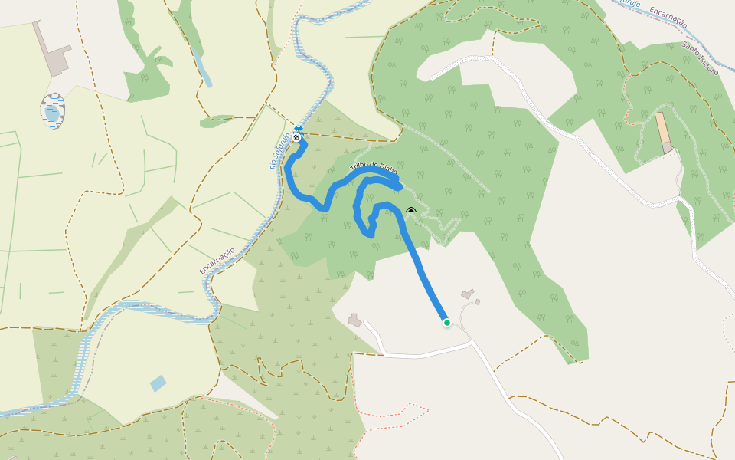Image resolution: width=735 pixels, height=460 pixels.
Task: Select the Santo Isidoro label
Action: [700, 58]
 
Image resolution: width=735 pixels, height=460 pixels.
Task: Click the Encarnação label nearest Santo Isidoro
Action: [667, 17]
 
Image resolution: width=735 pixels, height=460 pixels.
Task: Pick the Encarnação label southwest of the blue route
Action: [217, 261]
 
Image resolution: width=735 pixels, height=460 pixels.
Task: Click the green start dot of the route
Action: [447, 323]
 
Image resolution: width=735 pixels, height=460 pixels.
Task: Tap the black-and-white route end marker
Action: [296, 138]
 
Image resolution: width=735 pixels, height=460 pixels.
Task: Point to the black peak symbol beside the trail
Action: [411, 211]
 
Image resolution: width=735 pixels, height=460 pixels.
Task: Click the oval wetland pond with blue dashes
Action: [52, 111]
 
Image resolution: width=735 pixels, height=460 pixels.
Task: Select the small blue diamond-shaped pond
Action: [158, 383]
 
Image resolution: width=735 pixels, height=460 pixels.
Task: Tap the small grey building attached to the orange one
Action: [668, 146]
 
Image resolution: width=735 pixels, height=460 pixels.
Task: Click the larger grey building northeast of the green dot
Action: [467, 294]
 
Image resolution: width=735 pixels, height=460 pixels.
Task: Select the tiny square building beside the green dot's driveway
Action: [477, 302]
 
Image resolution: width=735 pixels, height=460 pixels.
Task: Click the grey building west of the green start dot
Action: [354, 320]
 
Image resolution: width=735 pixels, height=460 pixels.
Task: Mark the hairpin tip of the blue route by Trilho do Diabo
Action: [399, 184]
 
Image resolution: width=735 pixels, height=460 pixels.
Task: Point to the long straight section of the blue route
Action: [425, 276]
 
